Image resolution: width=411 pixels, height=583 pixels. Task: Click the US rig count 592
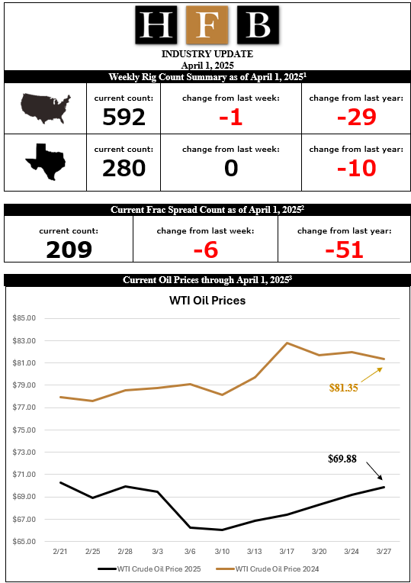124,117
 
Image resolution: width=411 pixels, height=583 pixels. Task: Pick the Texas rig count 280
124,168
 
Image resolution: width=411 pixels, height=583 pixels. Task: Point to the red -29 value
356,117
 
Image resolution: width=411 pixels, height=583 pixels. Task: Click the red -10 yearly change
356,168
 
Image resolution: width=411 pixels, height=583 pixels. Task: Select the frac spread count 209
69,249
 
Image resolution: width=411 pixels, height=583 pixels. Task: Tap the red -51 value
343,249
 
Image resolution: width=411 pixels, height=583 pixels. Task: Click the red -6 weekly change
205,249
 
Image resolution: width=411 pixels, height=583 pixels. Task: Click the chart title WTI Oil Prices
207,301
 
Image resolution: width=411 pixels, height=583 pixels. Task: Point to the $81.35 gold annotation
343,388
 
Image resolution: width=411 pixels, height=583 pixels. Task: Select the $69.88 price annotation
342,458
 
